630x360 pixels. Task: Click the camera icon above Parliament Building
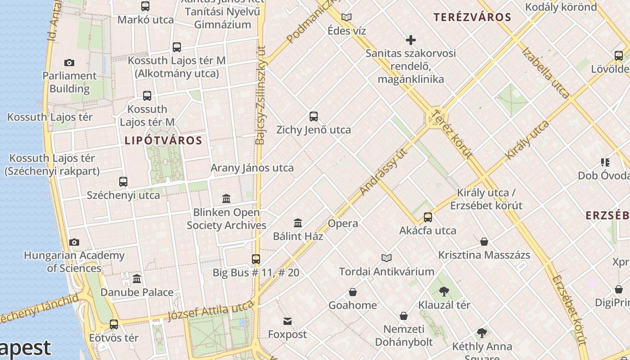[x=69, y=63]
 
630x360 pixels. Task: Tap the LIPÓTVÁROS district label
[x=163, y=140]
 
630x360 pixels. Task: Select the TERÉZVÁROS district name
[x=472, y=18]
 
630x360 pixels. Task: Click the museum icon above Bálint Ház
[x=298, y=223]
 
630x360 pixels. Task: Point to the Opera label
[x=343, y=224]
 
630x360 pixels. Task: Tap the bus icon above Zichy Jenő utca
[x=314, y=117]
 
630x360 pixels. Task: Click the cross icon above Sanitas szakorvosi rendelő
[x=410, y=40]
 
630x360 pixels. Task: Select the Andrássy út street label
[x=383, y=172]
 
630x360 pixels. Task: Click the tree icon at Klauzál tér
[x=444, y=292]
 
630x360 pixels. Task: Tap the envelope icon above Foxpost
[x=287, y=321]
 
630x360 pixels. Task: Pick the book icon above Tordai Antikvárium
[x=386, y=258]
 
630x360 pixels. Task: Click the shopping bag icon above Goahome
[x=353, y=292]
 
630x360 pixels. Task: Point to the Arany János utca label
[x=252, y=168]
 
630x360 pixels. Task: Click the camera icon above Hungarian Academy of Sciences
[x=74, y=243]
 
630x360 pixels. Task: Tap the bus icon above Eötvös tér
[x=114, y=324]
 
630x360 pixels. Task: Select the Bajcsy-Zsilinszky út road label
[x=261, y=101]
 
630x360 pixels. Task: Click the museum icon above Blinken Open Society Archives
[x=226, y=198]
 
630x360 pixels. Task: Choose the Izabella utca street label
[x=545, y=72]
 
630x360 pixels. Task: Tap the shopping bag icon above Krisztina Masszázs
[x=484, y=242]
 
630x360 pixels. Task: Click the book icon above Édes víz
[x=346, y=18]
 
